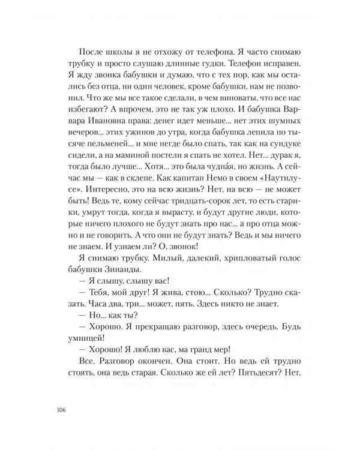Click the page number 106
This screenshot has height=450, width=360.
point(59,410)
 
